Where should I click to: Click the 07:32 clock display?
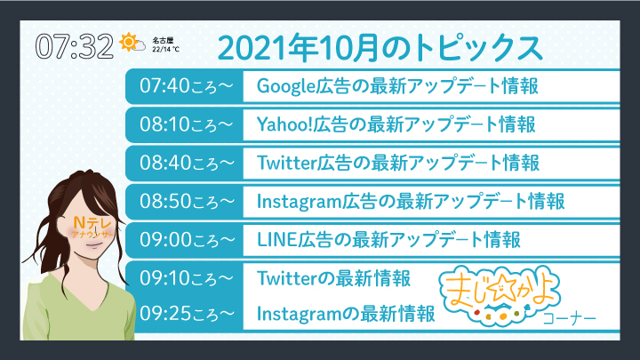point(75,46)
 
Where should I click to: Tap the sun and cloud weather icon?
point(132,42)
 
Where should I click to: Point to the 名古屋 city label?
point(163,40)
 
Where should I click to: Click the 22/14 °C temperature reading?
point(165,50)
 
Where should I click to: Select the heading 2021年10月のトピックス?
point(380,48)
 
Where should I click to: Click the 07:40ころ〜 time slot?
point(187,86)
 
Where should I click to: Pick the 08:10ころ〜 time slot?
point(187,124)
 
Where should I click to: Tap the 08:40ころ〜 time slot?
point(187,163)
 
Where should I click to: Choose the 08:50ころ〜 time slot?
point(187,201)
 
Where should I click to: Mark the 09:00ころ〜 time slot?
point(187,240)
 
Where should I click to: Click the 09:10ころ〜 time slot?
point(187,278)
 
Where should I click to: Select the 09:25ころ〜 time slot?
point(187,314)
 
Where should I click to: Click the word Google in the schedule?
point(286,86)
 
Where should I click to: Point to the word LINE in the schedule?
point(276,240)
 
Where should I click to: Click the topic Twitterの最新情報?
point(333,278)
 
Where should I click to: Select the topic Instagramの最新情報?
point(346,314)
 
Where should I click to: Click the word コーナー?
point(570,318)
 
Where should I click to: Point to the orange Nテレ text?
point(92,223)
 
